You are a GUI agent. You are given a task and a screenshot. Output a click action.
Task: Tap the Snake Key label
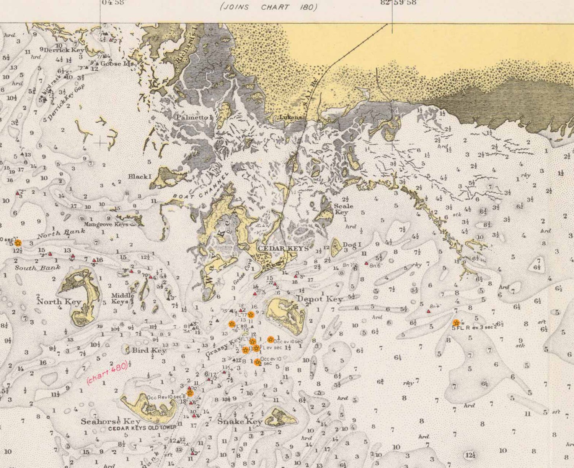click(240, 421)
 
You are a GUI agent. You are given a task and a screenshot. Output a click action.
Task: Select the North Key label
click(59, 302)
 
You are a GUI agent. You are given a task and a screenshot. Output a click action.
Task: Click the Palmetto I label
click(194, 118)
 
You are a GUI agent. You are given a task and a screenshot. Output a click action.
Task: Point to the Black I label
click(140, 177)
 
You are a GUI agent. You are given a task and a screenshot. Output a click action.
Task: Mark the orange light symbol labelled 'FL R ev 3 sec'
click(456, 323)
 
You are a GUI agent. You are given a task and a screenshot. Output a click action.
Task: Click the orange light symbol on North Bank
click(18, 243)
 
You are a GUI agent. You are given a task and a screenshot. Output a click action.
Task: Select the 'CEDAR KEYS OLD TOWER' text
click(142, 428)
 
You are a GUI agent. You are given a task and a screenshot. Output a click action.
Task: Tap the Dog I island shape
click(336, 247)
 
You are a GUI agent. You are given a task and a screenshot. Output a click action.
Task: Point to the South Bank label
click(33, 268)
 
